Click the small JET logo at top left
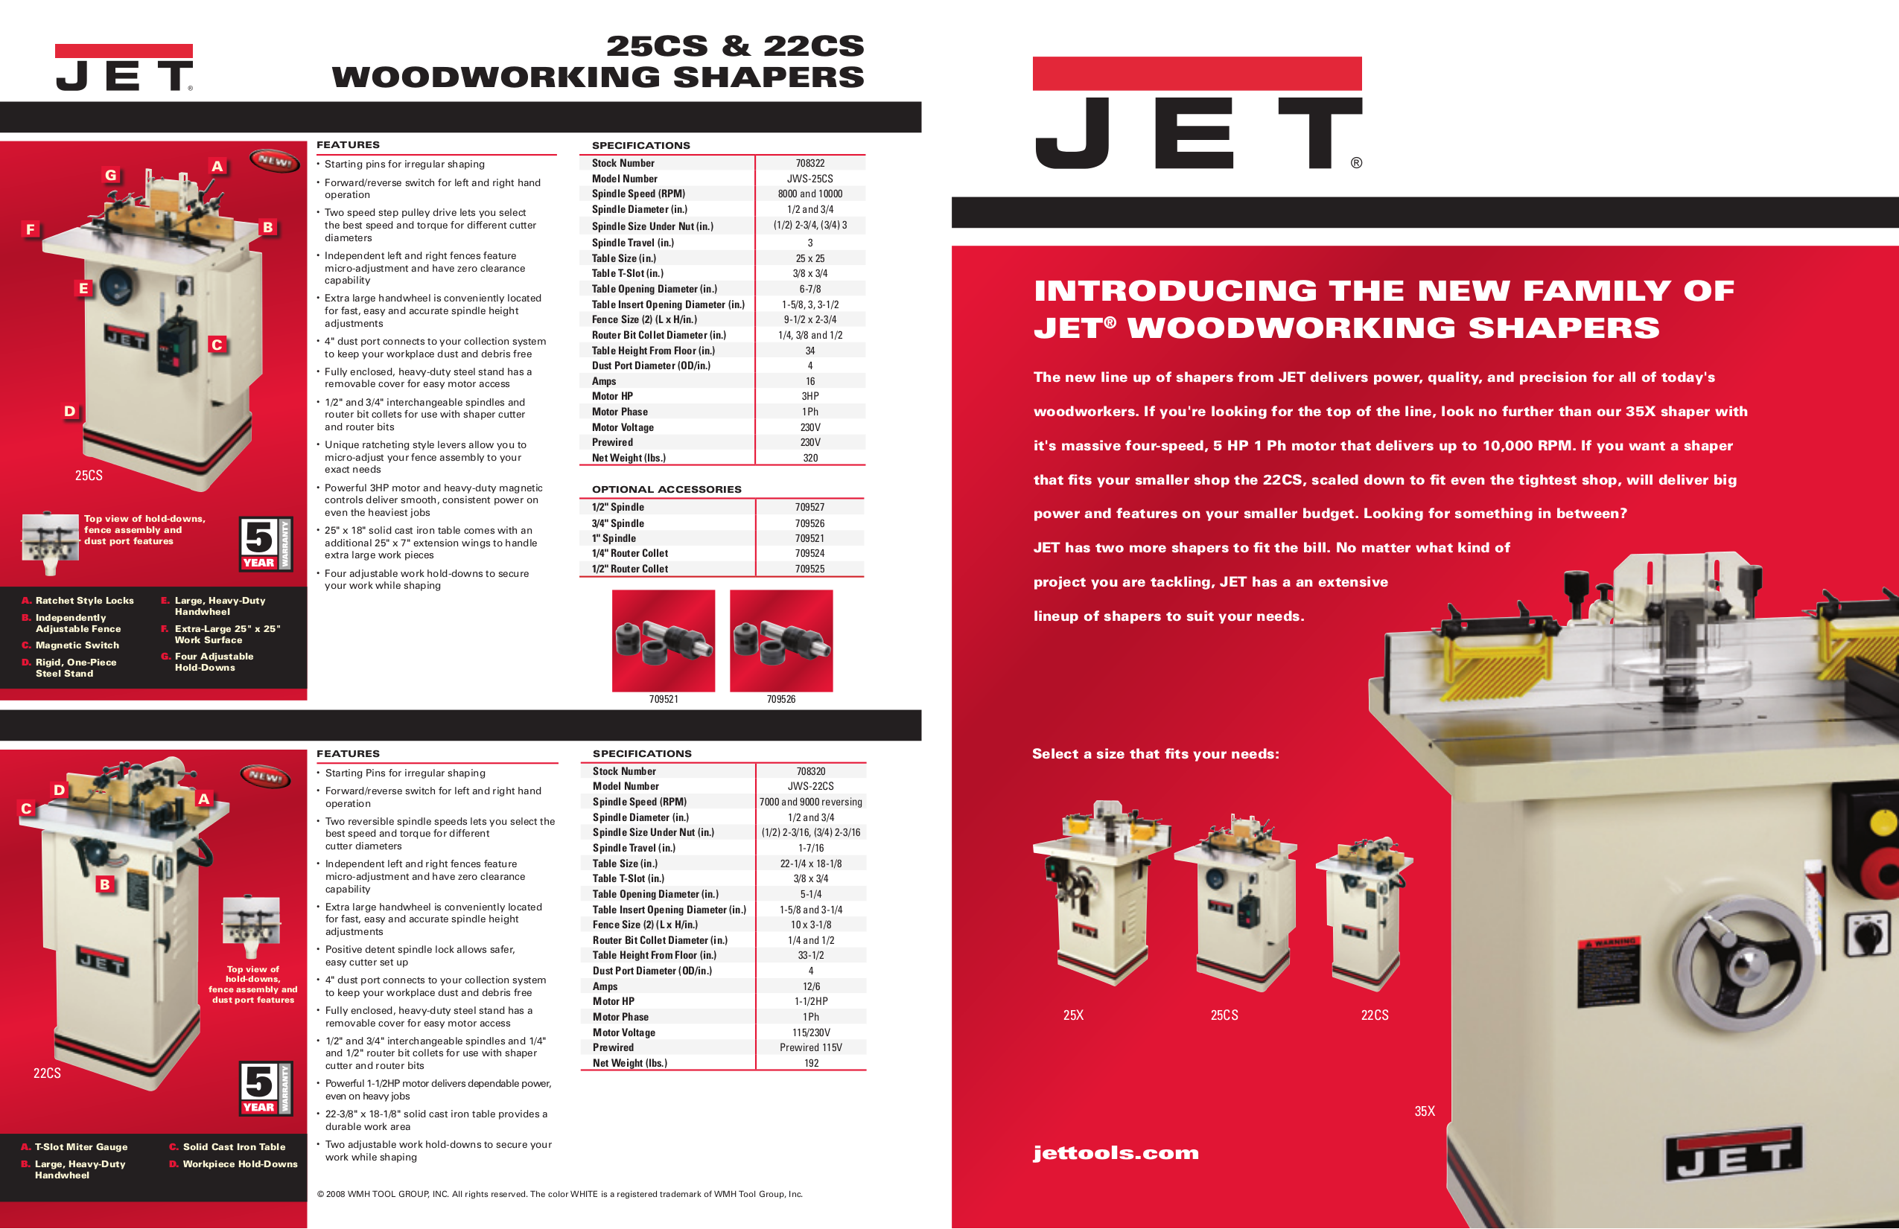tap(124, 68)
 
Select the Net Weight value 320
tap(810, 458)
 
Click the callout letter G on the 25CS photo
tap(111, 176)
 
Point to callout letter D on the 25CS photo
tap(70, 412)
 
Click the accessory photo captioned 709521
tap(663, 640)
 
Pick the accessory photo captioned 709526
tap(781, 640)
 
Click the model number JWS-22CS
tap(810, 786)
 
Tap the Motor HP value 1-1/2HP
tap(810, 1002)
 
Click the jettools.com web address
tap(1115, 1152)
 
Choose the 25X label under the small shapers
tap(1072, 1015)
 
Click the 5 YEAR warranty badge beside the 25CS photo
tap(266, 543)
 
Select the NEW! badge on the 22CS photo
tap(264, 775)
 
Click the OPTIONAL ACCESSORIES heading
tap(667, 490)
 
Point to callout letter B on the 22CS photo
tap(104, 884)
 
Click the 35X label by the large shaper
tap(1424, 1111)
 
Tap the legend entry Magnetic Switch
tap(77, 645)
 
